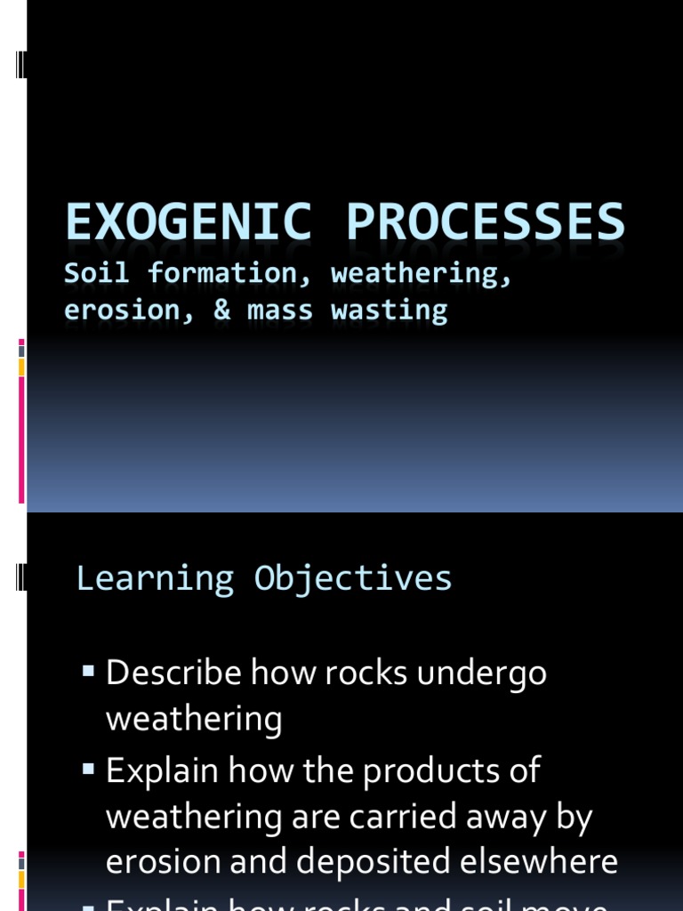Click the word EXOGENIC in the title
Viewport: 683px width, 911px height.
188,222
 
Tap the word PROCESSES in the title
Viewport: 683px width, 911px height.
486,222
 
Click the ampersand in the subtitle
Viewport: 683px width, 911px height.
221,310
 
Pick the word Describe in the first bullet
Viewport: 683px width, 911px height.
173,673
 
